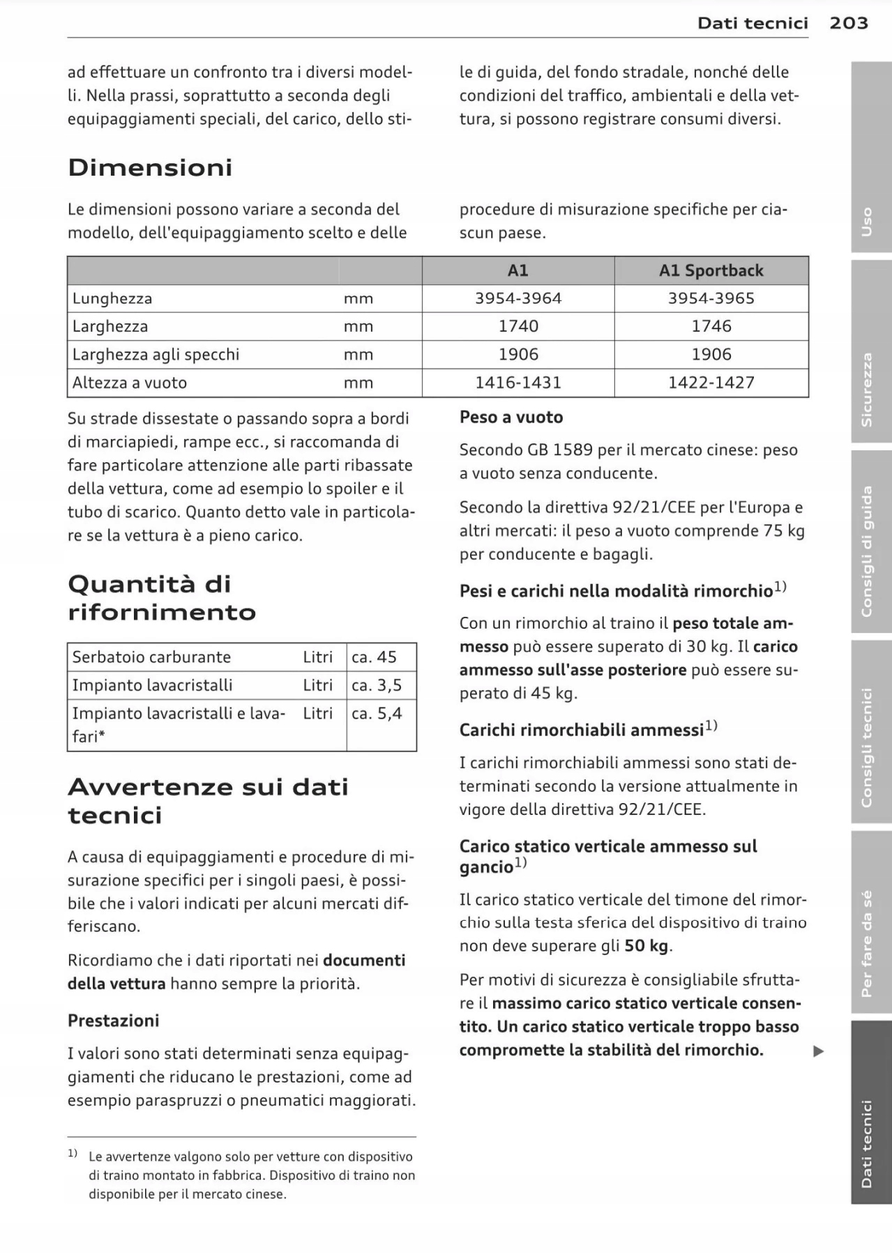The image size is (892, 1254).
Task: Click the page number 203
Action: click(x=849, y=23)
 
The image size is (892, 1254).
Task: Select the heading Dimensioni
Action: click(x=150, y=167)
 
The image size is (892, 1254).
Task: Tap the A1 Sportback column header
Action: click(x=711, y=270)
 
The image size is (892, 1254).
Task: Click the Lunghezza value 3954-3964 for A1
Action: click(x=518, y=298)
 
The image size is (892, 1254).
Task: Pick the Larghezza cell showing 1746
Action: click(x=711, y=326)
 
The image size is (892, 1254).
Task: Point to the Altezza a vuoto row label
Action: click(x=130, y=383)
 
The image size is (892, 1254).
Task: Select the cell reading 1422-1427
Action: click(x=711, y=383)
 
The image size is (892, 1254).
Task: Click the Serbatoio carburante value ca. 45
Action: click(x=374, y=657)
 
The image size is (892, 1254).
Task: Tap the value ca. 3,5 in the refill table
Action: click(x=377, y=685)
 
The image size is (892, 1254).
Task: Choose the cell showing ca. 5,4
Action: click(x=377, y=713)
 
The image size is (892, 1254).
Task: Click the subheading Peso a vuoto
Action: click(x=511, y=417)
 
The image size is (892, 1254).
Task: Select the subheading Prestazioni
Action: click(x=114, y=1020)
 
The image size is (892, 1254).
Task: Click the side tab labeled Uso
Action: click(x=868, y=222)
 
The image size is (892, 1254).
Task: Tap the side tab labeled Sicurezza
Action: click(x=868, y=389)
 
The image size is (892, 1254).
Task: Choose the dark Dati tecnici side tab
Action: click(x=868, y=1143)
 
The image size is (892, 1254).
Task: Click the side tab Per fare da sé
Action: click(x=868, y=943)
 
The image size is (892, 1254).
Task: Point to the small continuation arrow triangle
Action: click(x=819, y=1051)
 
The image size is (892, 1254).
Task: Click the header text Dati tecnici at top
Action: click(x=753, y=23)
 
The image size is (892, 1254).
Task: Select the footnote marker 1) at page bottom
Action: click(x=73, y=1154)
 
